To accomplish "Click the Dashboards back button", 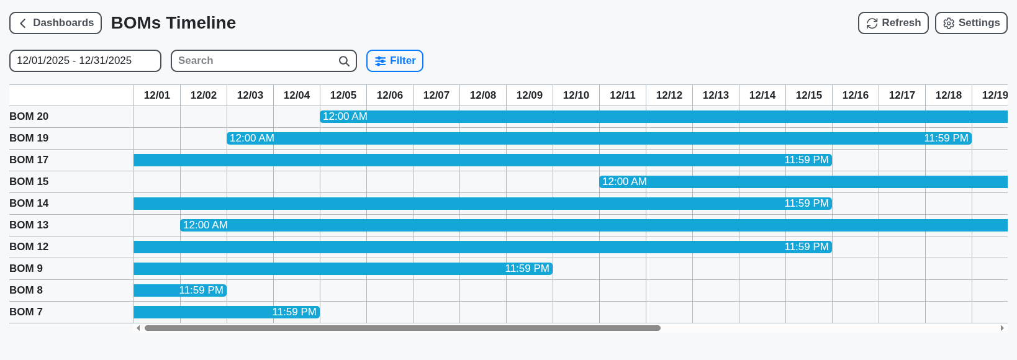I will [55, 23].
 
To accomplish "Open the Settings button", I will [970, 23].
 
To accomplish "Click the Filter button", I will [395, 61].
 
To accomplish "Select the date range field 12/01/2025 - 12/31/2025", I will [85, 61].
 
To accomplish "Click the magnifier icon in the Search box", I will [344, 61].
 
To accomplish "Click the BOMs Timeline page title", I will [173, 23].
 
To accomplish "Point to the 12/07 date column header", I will [436, 95].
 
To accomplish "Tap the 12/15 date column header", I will [809, 95].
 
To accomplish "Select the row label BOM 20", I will [29, 117].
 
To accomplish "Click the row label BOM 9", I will [26, 269].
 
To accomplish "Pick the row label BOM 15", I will [29, 182].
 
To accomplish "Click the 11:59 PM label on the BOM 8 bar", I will [201, 290].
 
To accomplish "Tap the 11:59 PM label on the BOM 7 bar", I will [294, 312].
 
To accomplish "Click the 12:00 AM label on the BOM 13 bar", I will [206, 225].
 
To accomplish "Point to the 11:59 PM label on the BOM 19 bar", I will [946, 138].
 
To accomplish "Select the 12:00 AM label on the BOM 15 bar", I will [625, 182].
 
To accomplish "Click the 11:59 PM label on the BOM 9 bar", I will [527, 269].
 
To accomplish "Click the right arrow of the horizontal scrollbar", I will [1002, 328].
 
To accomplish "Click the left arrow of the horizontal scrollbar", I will [138, 328].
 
